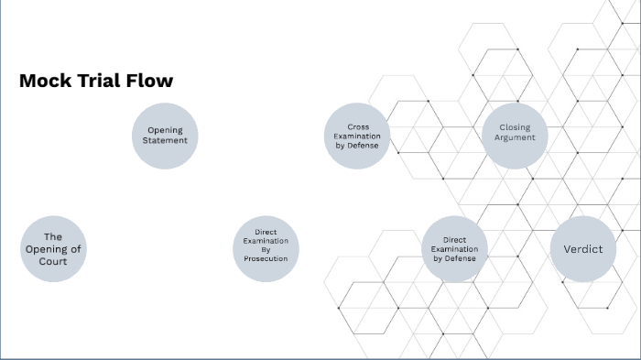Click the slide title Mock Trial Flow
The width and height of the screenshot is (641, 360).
click(96, 81)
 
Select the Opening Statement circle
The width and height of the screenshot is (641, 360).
click(165, 136)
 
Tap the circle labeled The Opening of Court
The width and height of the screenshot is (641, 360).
click(53, 249)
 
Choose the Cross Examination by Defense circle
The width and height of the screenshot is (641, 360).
click(357, 136)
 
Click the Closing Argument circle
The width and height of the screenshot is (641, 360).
click(515, 135)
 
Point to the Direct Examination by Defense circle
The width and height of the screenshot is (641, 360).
click(454, 248)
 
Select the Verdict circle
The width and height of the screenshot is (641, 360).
click(583, 248)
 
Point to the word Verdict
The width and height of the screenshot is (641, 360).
click(583, 248)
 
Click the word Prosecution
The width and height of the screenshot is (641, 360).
click(266, 258)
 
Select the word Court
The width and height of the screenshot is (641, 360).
click(53, 261)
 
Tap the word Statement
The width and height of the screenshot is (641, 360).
click(165, 141)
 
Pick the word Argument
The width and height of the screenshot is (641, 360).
click(515, 137)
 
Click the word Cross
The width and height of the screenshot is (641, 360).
click(357, 126)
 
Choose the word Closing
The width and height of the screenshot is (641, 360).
click(515, 127)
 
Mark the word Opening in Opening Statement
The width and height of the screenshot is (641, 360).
click(165, 130)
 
